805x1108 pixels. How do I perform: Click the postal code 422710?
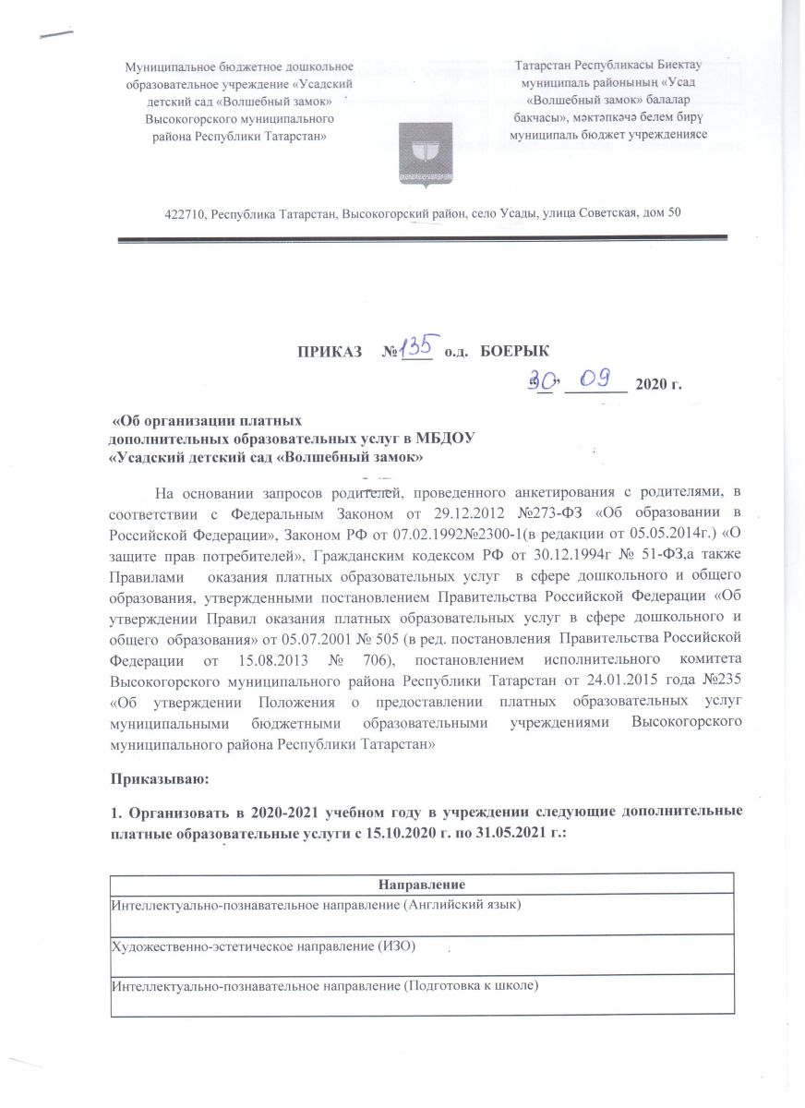(185, 213)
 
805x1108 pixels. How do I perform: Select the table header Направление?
(421, 884)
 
